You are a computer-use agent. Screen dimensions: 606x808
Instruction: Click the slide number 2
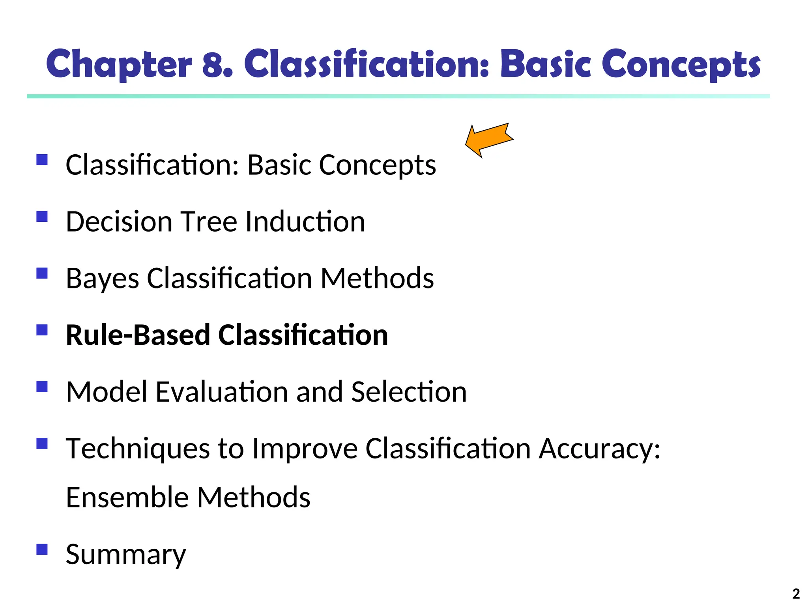(x=796, y=594)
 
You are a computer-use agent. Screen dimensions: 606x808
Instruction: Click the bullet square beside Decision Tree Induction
(x=42, y=217)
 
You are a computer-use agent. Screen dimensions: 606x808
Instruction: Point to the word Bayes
(x=102, y=279)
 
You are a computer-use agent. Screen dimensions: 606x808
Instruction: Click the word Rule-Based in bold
(x=138, y=335)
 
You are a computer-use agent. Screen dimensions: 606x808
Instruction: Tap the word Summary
(x=125, y=555)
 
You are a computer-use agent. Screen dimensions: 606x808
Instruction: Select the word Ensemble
(x=127, y=497)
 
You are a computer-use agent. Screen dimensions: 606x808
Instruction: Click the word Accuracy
(x=599, y=449)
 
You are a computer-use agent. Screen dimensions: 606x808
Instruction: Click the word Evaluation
(x=221, y=392)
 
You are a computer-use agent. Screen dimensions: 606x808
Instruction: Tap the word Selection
(x=408, y=392)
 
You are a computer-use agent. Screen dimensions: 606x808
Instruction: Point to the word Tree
(x=209, y=222)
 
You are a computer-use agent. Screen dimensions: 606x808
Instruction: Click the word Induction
(x=305, y=222)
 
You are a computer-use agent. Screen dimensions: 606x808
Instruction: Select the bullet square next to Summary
(x=42, y=549)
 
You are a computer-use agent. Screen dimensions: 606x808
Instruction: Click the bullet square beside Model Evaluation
(x=42, y=387)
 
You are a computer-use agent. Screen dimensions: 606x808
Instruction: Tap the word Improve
(x=305, y=449)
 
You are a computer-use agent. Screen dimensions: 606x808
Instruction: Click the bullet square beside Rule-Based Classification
(x=42, y=330)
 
